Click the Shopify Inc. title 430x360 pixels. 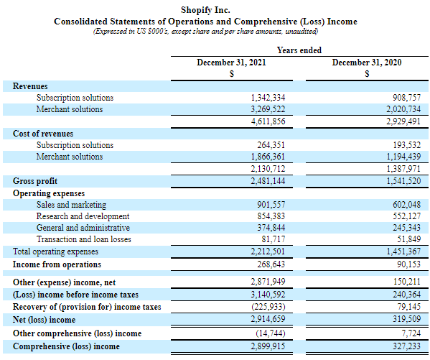click(205, 10)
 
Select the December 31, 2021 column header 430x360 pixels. click(231, 63)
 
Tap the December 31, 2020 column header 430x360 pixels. click(367, 63)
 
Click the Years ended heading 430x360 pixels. click(299, 50)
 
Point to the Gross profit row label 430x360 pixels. click(35, 181)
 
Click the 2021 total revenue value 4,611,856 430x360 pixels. click(268, 121)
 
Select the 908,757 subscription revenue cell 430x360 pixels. click(407, 98)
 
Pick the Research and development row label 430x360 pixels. click(83, 216)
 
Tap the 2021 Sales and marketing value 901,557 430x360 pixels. click(271, 205)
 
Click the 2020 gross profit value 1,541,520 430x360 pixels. click(403, 181)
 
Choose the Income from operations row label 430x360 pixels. click(57, 264)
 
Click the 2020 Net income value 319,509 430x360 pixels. click(407, 319)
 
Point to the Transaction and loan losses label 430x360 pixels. click(84, 239)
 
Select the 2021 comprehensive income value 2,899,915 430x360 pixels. click(268, 346)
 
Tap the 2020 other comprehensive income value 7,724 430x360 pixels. click(411, 333)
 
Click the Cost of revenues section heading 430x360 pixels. click(43, 134)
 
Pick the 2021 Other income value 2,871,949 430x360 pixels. click(268, 282)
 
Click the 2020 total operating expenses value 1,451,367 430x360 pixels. click(403, 251)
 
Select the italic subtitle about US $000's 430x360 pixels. click(206, 32)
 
